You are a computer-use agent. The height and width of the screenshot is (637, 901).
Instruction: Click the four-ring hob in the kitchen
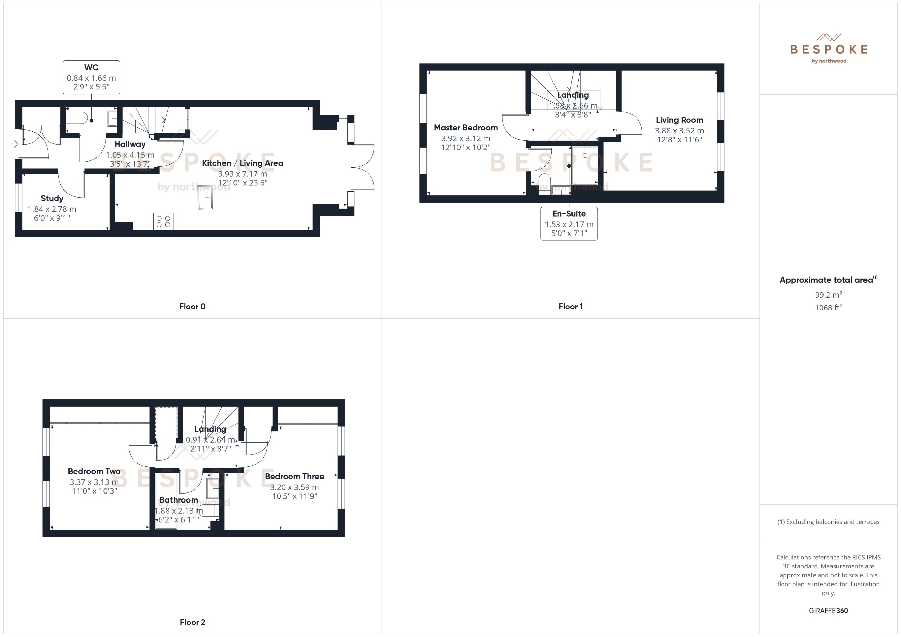pyautogui.click(x=163, y=221)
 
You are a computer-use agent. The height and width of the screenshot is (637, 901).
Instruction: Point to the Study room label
pyautogui.click(x=52, y=199)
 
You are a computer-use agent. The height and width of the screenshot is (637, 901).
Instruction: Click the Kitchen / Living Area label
pyautogui.click(x=242, y=163)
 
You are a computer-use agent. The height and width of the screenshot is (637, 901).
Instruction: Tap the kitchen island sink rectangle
pyautogui.click(x=205, y=197)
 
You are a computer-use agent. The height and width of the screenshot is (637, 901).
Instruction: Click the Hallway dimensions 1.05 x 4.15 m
pyautogui.click(x=130, y=155)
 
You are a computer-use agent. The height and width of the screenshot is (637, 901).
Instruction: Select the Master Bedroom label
pyautogui.click(x=466, y=128)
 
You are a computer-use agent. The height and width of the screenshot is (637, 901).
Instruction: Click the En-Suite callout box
pyautogui.click(x=569, y=223)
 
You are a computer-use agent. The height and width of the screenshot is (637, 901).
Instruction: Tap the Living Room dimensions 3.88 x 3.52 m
pyautogui.click(x=679, y=131)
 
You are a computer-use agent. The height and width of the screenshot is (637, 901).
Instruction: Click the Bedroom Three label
pyautogui.click(x=294, y=477)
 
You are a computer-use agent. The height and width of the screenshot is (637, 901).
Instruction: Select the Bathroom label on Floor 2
pyautogui.click(x=179, y=500)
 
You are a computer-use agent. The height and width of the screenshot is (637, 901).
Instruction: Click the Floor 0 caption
pyautogui.click(x=192, y=307)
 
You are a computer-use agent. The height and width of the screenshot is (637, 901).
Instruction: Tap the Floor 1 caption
pyautogui.click(x=570, y=307)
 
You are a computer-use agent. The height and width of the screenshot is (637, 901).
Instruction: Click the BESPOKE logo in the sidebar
pyautogui.click(x=829, y=49)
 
